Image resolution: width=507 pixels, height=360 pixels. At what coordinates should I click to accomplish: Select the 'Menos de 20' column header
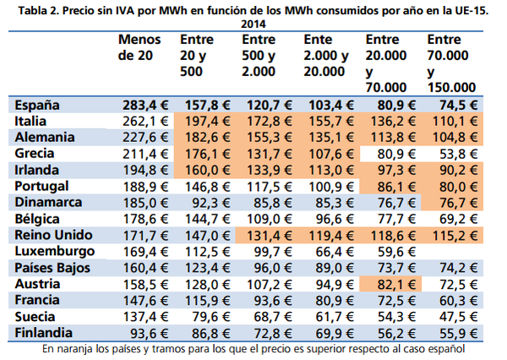point(139,47)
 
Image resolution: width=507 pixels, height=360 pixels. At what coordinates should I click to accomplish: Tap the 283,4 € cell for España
point(145,106)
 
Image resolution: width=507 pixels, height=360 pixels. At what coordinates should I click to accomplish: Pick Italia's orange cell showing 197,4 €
point(207,122)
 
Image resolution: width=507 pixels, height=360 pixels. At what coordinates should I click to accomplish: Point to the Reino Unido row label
point(53,235)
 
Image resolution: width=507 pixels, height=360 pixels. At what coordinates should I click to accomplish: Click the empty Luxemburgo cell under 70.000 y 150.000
point(452,252)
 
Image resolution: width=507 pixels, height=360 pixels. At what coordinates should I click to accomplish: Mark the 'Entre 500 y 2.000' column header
point(259,56)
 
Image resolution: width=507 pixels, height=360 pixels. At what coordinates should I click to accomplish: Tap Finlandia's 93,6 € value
point(149,334)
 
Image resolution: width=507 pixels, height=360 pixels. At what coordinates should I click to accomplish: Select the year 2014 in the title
point(253,25)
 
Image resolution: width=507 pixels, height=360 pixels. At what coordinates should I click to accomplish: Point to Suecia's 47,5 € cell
point(458,317)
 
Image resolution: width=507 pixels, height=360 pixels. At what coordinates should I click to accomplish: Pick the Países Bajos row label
point(52,268)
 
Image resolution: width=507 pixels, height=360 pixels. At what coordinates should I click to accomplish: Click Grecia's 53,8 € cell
point(458,155)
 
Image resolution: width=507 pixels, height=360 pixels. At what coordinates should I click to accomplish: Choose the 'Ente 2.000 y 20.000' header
point(326,56)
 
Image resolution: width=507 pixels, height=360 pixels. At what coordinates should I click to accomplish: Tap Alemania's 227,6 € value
point(145,138)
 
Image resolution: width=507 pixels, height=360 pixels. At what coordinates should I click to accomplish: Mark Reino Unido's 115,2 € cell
point(455,236)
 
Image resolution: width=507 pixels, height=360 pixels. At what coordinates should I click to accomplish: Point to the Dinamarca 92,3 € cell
point(211,203)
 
